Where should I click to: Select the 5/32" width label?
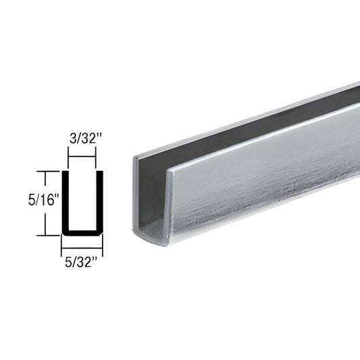click(x=82, y=257)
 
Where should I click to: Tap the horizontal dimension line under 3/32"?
click(x=82, y=157)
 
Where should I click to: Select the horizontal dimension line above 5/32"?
click(x=82, y=243)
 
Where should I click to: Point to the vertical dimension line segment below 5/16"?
click(x=45, y=221)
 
